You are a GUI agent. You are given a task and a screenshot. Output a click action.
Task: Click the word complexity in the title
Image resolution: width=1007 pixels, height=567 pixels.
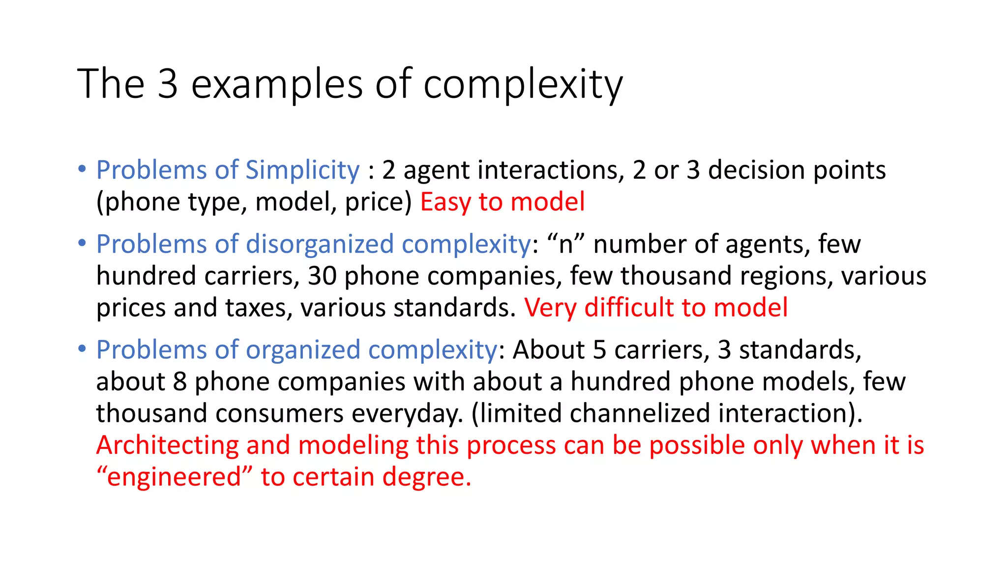pos(523,85)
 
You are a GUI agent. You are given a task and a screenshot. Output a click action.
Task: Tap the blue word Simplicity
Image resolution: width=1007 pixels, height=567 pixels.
pos(302,170)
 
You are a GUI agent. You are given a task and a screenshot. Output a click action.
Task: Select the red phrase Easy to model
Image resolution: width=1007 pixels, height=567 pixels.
pos(502,202)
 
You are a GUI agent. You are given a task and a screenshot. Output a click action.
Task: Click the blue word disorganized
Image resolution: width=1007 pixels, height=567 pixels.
pos(320,244)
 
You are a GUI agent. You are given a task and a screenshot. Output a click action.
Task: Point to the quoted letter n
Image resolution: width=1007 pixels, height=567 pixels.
pos(566,245)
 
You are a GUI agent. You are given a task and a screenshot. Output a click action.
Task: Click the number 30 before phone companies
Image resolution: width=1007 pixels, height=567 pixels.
pos(322,276)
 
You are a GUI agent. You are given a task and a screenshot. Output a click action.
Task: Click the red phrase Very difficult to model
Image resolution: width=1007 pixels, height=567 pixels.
pos(655,308)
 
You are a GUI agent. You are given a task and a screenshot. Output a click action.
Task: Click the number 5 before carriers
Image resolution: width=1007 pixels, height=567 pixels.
pos(599,350)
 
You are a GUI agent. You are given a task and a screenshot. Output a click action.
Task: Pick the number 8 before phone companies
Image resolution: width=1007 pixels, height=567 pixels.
pos(180,381)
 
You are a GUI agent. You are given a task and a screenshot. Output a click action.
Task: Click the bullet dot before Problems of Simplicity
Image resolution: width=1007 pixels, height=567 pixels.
pos(82,169)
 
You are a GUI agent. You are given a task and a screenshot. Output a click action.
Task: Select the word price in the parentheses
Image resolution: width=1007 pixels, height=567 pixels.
pos(378,203)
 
